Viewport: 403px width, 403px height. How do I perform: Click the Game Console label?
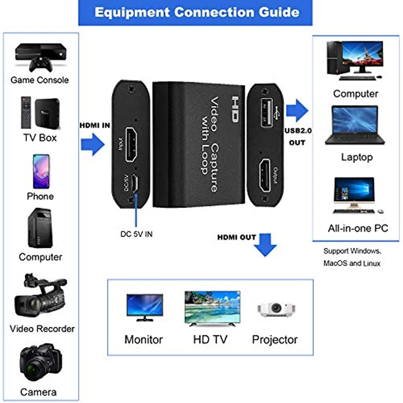coord(40,80)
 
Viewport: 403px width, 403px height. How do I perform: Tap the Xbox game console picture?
coord(40,56)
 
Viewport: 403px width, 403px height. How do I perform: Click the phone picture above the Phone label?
coord(41,170)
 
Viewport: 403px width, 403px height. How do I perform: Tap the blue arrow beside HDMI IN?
coord(92,145)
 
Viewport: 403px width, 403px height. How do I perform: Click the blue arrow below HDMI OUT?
coord(265,245)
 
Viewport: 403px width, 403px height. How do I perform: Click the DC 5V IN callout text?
coord(136,234)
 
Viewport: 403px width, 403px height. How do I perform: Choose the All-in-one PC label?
coord(358,228)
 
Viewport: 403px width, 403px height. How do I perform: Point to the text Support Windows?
coord(352,251)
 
